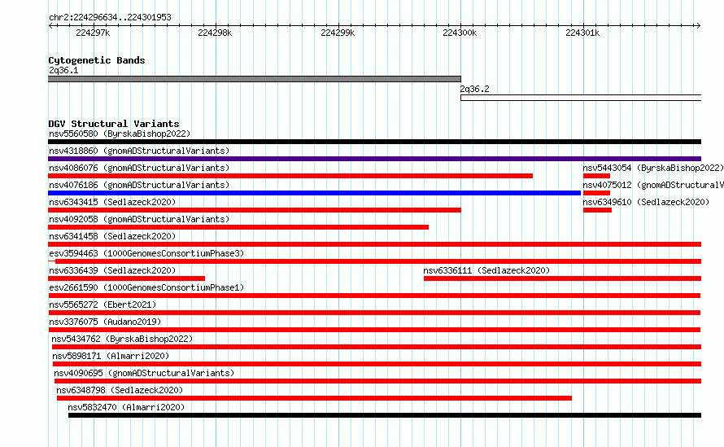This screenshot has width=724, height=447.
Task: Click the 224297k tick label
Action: pyautogui.click(x=93, y=33)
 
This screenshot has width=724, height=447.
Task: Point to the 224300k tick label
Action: pyautogui.click(x=460, y=33)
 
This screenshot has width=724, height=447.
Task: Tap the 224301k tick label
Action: pyautogui.click(x=582, y=33)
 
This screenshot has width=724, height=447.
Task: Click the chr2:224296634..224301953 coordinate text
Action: pyautogui.click(x=110, y=18)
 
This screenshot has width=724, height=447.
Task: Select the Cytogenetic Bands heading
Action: pyautogui.click(x=97, y=60)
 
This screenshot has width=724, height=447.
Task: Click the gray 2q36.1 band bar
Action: pyautogui.click(x=255, y=79)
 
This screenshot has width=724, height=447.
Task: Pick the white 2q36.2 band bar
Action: pyautogui.click(x=581, y=98)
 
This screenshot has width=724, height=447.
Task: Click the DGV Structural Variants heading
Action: pyautogui.click(x=114, y=124)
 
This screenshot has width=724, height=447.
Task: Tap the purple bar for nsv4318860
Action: pyautogui.click(x=374, y=159)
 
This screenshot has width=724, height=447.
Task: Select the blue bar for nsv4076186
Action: pyautogui.click(x=315, y=193)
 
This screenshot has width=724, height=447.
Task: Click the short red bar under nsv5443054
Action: pyautogui.click(x=596, y=176)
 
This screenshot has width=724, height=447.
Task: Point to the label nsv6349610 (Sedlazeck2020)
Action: pyautogui.click(x=646, y=202)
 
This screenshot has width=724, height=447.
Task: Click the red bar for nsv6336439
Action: pyautogui.click(x=127, y=278)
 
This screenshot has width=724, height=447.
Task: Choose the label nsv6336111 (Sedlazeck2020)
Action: pyautogui.click(x=486, y=270)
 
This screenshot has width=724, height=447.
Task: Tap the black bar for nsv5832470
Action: pyautogui.click(x=385, y=415)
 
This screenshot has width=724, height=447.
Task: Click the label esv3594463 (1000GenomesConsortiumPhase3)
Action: pyautogui.click(x=146, y=253)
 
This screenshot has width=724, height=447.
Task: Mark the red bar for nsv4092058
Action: pyautogui.click(x=238, y=227)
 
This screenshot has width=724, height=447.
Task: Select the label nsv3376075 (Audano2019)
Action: pyautogui.click(x=105, y=322)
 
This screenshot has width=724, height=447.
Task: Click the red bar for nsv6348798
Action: pyautogui.click(x=315, y=398)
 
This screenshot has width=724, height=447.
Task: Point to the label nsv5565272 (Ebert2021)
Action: pyautogui.click(x=102, y=305)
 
